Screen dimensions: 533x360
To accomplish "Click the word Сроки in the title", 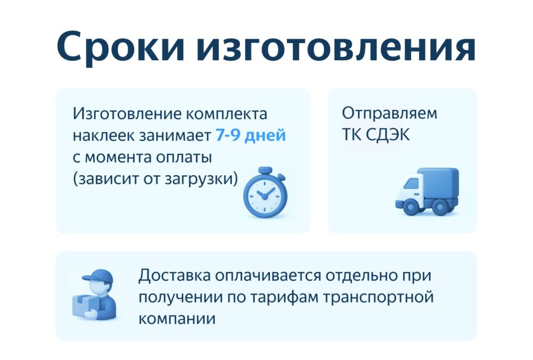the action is click(120, 46).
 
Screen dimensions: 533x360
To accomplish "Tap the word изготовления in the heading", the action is click(335, 46).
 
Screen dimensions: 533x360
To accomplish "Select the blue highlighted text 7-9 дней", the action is click(251, 135).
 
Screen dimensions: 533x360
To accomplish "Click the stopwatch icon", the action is click(265, 192).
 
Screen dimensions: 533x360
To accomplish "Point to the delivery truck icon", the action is click(427, 191).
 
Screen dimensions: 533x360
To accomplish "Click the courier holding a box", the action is click(94, 295).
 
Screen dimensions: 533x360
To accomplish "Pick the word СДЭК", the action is click(388, 135).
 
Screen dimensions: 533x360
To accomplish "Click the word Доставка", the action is click(174, 275).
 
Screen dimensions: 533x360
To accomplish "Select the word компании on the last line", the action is click(177, 319).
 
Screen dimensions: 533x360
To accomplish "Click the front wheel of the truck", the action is click(409, 206).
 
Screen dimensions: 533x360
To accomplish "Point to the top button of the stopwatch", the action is click(265, 170).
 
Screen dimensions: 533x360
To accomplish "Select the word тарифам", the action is click(284, 298).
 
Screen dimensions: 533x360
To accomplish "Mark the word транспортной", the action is click(378, 298).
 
